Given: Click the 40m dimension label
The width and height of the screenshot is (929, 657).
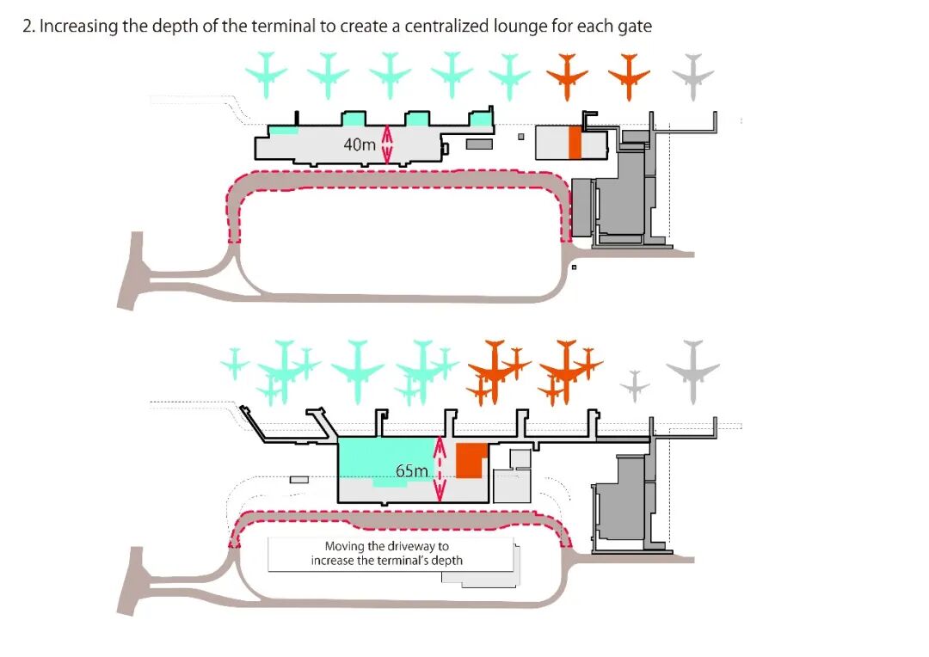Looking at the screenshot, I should pos(360,144).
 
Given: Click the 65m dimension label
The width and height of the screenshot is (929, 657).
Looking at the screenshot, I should pos(412,470).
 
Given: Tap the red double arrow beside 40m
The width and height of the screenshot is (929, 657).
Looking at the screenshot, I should pos(387,144).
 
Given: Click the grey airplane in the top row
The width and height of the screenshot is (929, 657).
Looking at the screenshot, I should pos(693,71).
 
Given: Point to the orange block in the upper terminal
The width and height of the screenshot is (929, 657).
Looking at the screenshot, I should pos(575,143).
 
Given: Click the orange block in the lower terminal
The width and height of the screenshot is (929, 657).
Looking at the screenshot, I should pos(470,461).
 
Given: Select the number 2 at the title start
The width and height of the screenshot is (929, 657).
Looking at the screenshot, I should pos(27,26).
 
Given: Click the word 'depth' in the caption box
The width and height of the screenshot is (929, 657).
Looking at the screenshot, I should pos(446,561).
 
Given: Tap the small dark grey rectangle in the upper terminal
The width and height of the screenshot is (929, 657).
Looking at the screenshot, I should pos(479,144).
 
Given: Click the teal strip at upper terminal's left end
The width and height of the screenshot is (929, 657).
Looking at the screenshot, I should pos(284,131).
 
